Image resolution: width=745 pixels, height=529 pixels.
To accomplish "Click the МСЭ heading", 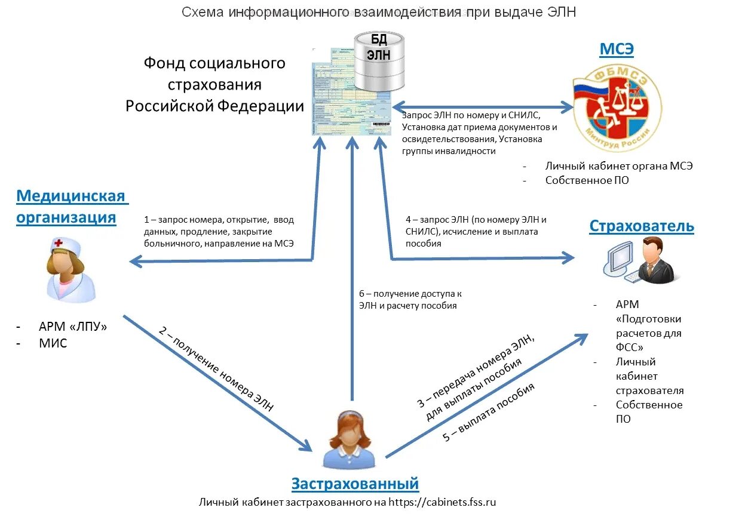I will [617, 50].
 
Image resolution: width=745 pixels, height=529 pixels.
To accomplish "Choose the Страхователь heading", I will [642, 226].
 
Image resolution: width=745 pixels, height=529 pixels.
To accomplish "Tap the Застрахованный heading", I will [355, 483].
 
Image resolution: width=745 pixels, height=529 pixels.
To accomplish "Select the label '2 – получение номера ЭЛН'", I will [216, 368].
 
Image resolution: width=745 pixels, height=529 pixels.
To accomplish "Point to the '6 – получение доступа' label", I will [410, 300].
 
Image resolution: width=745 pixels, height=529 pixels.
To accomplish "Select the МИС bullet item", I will [53, 343].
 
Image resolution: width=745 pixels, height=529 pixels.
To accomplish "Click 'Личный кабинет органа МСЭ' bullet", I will [619, 166].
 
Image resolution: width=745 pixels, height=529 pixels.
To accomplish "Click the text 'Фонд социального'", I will [214, 63].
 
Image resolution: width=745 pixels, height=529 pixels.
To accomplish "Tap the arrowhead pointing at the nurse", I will [136, 260].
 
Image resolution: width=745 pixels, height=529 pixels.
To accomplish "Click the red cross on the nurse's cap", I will [59, 242].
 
